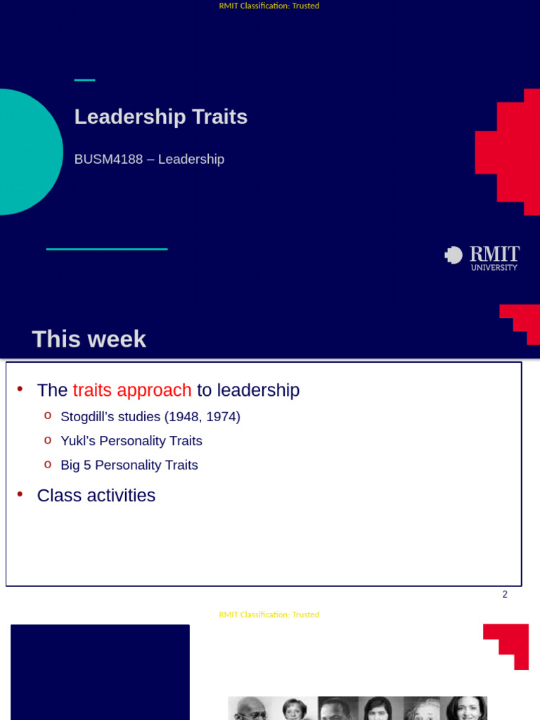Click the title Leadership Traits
click(161, 117)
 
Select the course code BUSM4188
click(108, 160)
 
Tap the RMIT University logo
click(482, 258)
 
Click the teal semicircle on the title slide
click(28, 152)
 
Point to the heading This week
click(89, 339)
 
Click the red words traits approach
click(132, 390)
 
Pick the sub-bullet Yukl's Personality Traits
click(131, 441)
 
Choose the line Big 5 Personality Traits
click(129, 465)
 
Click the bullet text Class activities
click(96, 496)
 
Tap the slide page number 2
click(505, 594)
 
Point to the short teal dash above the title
click(84, 80)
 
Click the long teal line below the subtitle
click(107, 249)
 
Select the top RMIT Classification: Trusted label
click(269, 6)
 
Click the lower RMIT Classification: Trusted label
click(269, 615)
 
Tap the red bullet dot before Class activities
click(20, 494)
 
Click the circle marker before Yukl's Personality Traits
click(48, 440)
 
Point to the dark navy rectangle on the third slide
click(100, 671)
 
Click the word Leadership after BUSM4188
click(191, 160)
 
